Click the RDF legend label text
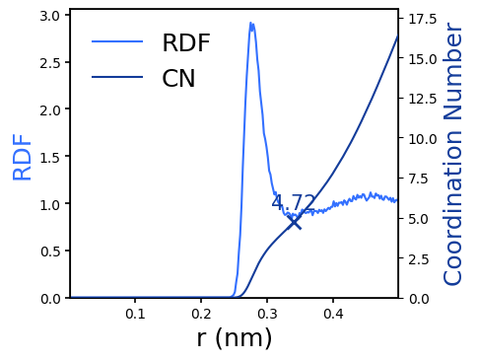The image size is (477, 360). point(186,42)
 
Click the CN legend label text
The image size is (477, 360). point(178,79)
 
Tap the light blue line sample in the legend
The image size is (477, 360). point(117,42)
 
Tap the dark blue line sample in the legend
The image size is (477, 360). point(117,78)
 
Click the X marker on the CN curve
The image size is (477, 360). point(294,222)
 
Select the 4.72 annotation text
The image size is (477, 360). point(294,203)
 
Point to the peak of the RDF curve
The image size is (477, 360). point(251,24)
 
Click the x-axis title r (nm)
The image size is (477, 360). point(235,338)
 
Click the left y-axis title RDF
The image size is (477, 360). point(23,157)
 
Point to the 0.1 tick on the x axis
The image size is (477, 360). point(135,314)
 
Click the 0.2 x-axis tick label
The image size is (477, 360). point(201,314)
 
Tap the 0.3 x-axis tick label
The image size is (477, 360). point(267,314)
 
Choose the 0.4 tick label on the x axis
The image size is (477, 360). point(333,314)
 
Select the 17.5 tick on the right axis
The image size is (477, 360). point(420,19)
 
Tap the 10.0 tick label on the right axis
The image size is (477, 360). point(420,138)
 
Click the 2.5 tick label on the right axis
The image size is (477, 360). point(416,258)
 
